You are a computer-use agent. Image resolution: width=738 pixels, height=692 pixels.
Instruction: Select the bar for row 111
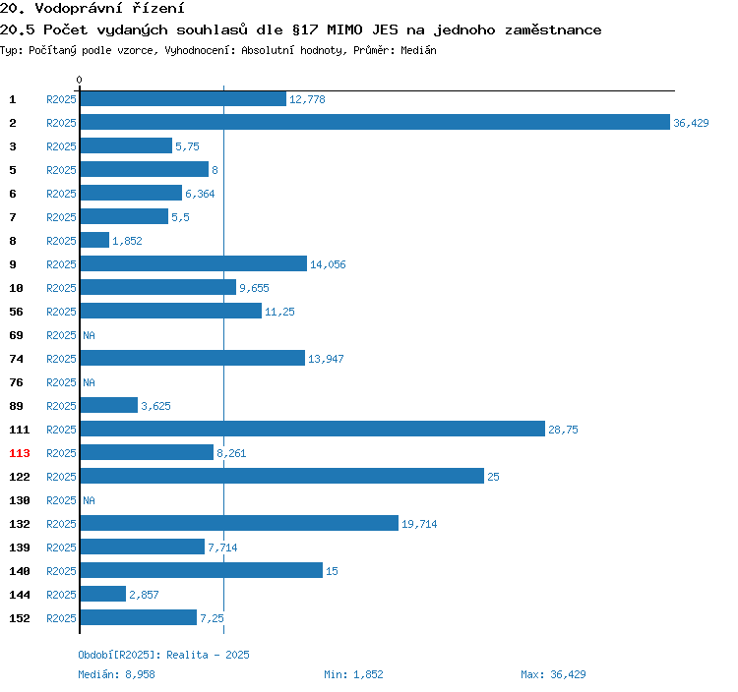(x=313, y=429)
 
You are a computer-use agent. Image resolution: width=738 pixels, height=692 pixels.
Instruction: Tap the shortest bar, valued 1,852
(x=94, y=240)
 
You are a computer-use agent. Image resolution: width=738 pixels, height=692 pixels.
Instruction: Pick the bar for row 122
(x=282, y=476)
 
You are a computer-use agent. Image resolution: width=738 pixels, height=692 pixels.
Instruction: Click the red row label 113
(x=20, y=453)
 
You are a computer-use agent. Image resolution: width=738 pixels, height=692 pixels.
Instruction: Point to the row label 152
(x=20, y=618)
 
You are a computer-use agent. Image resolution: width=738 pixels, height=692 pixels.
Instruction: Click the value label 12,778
(x=307, y=99)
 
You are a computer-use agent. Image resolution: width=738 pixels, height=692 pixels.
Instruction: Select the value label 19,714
(x=419, y=524)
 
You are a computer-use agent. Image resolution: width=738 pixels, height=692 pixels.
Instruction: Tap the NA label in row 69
(x=89, y=335)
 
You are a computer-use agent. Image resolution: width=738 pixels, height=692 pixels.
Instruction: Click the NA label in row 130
(x=89, y=500)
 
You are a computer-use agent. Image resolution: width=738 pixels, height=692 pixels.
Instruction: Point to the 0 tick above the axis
(x=79, y=80)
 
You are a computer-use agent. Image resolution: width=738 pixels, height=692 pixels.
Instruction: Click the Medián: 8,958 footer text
(x=116, y=674)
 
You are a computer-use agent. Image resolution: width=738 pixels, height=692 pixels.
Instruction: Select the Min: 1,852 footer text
(x=353, y=674)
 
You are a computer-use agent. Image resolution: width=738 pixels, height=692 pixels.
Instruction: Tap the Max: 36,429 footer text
(x=553, y=674)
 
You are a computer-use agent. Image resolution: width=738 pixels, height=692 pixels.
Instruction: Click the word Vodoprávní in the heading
(x=79, y=8)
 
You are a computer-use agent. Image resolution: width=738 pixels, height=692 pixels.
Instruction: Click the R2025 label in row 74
(x=61, y=359)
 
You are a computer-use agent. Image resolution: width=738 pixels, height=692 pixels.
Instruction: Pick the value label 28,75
(x=563, y=430)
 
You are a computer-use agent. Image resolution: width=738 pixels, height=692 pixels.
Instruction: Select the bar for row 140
(x=202, y=570)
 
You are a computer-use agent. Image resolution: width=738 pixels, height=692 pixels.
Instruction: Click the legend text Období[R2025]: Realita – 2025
(x=163, y=655)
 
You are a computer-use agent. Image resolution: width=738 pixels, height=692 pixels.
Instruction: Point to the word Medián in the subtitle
(x=418, y=50)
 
